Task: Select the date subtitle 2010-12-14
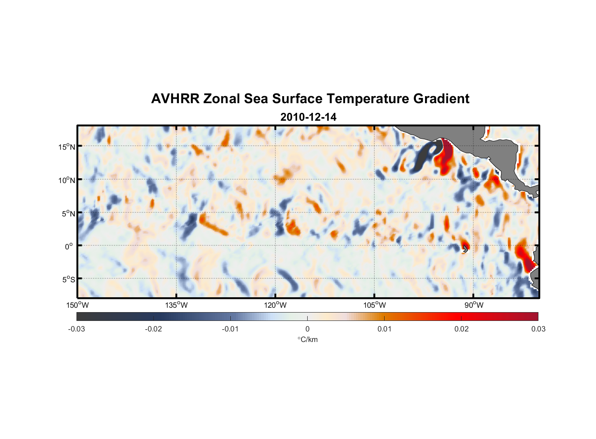click(x=308, y=117)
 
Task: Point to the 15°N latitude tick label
click(x=67, y=147)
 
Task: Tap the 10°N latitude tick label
click(x=67, y=180)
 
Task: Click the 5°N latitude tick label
click(x=68, y=213)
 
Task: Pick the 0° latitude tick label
click(x=69, y=246)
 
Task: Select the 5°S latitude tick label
click(x=68, y=280)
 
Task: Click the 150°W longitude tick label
click(x=78, y=305)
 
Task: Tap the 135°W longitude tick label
click(x=177, y=305)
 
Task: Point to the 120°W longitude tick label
click(x=276, y=305)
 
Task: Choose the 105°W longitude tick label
click(x=374, y=305)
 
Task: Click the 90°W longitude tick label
click(x=474, y=305)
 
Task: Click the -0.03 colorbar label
click(x=76, y=329)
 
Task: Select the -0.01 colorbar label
click(x=230, y=329)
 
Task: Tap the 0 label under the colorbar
click(x=307, y=329)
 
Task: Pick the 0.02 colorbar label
click(x=462, y=329)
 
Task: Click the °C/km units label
click(x=308, y=339)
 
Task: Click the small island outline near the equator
click(x=465, y=248)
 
